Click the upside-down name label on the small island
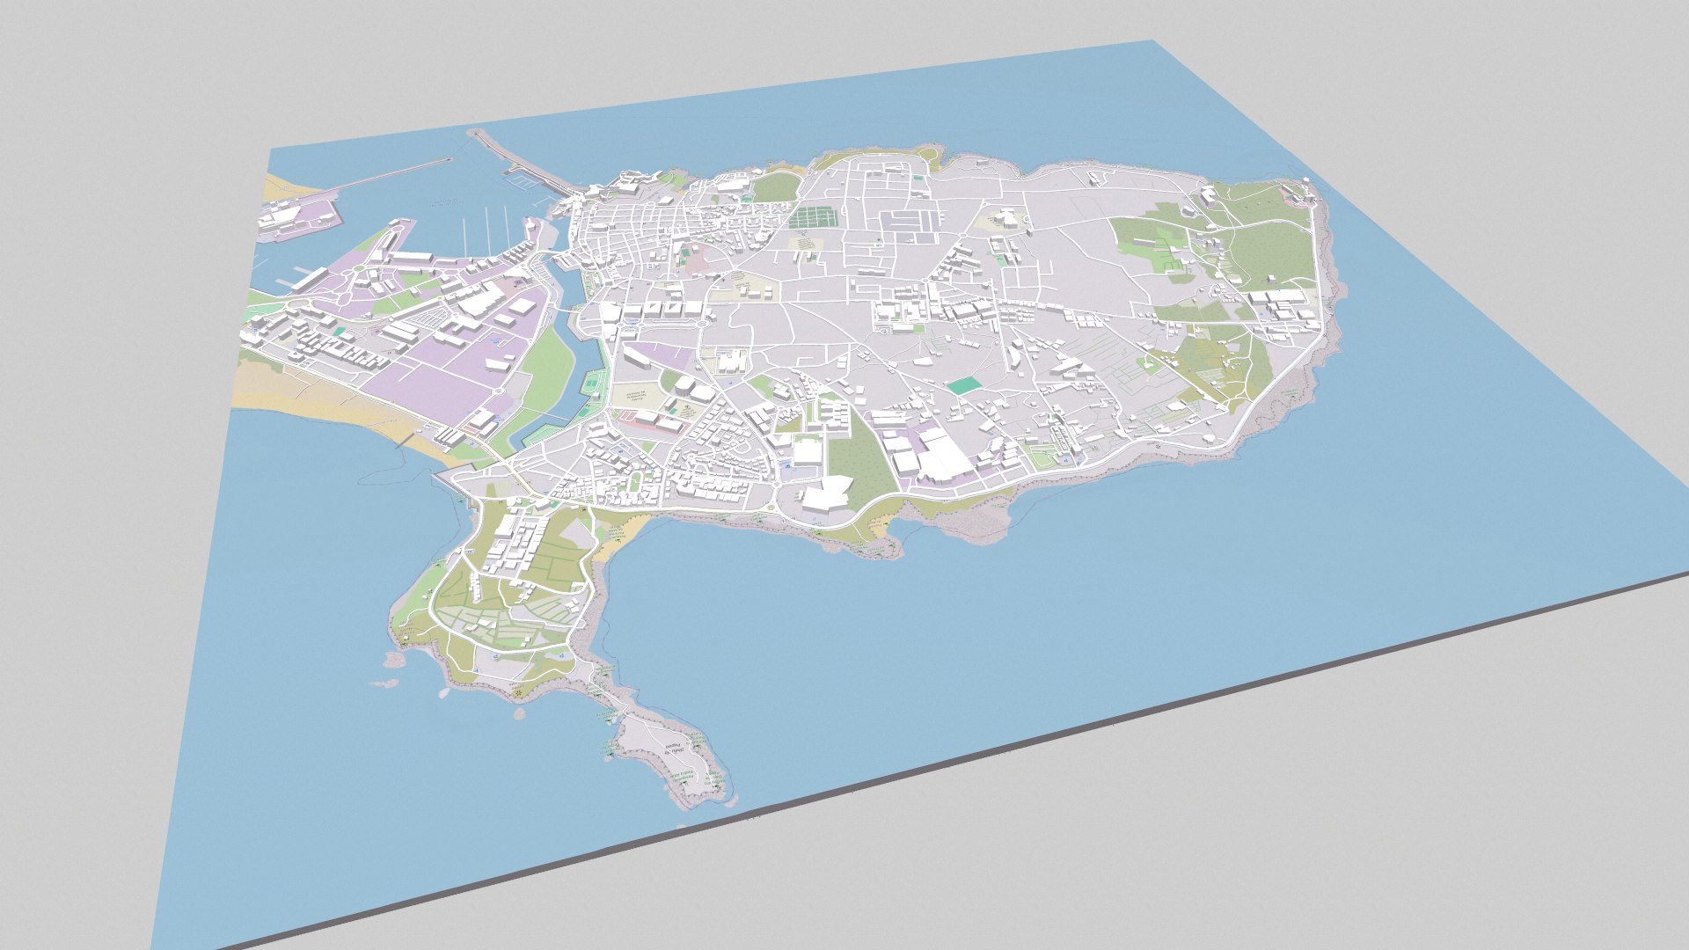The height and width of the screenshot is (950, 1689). [x=674, y=752]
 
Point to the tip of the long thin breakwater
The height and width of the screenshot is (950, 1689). [x=448, y=160]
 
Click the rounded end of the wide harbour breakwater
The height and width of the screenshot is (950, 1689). [x=476, y=134]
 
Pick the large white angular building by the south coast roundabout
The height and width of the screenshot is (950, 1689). [x=825, y=493]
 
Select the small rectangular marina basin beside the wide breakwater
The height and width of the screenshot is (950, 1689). [x=520, y=179]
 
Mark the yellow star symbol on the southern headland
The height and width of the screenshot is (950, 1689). [x=519, y=695]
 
